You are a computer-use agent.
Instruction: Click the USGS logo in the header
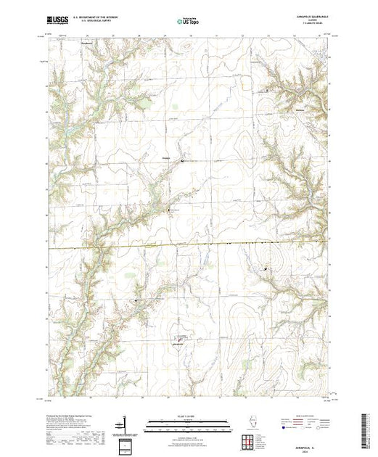tap(58, 21)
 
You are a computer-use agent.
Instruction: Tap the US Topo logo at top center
tap(188, 22)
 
